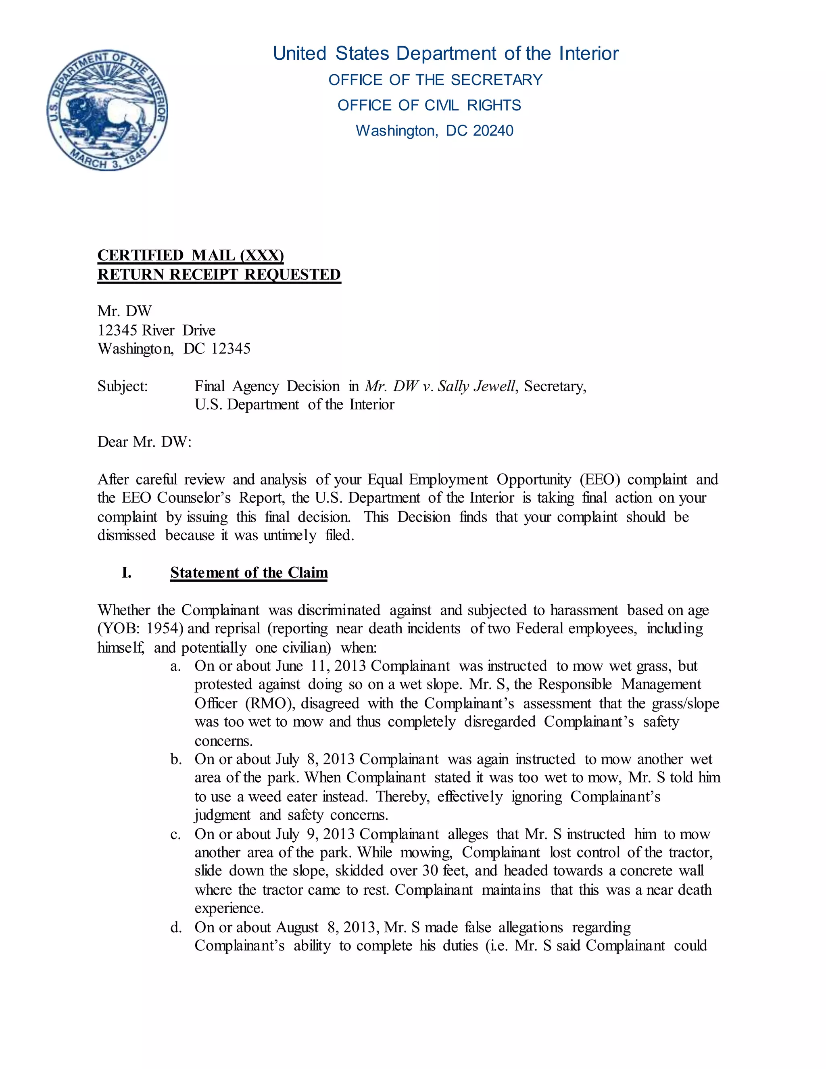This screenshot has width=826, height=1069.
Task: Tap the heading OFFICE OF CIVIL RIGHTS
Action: click(x=429, y=105)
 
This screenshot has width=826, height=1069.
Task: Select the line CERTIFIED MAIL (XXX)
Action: click(x=190, y=255)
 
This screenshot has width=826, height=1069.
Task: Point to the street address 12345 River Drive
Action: click(x=156, y=330)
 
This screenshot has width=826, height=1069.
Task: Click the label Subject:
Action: click(x=122, y=386)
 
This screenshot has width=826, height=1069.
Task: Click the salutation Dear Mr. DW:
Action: click(x=144, y=442)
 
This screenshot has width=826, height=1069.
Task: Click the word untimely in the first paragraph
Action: click(x=290, y=535)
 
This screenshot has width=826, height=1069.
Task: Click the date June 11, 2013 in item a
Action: click(x=321, y=666)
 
